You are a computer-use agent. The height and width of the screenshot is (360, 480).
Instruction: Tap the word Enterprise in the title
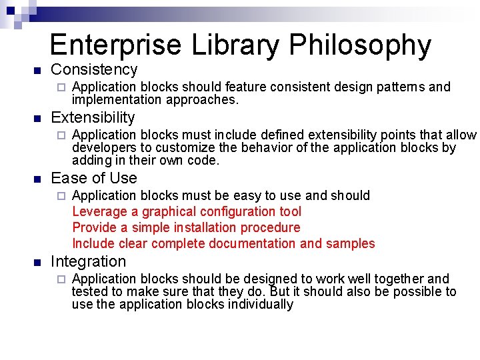pyautogui.click(x=115, y=45)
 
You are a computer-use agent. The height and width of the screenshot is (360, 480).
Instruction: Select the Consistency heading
pyautogui.click(x=94, y=69)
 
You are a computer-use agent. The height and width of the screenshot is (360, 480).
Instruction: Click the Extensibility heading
pyautogui.click(x=93, y=118)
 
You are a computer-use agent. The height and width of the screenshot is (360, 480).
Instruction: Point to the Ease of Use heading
pyautogui.click(x=94, y=178)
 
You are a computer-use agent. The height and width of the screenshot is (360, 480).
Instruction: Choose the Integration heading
pyautogui.click(x=88, y=261)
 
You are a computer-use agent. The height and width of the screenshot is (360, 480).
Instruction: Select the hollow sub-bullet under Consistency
pyautogui.click(x=59, y=87)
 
